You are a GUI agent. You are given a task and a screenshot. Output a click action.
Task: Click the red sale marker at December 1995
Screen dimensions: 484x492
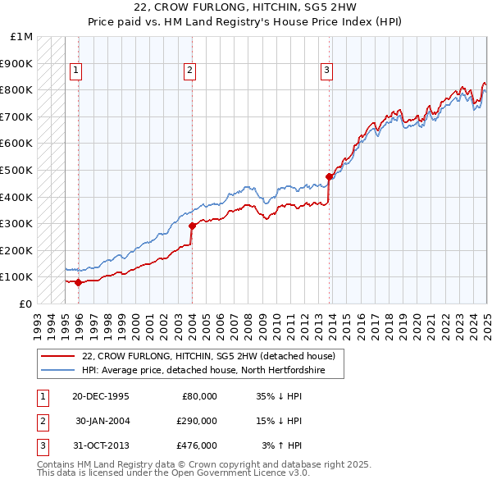click(x=79, y=282)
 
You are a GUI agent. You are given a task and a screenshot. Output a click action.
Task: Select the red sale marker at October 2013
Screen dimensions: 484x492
click(x=330, y=176)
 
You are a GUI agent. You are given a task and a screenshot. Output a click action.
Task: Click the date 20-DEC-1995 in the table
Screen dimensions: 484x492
click(x=101, y=395)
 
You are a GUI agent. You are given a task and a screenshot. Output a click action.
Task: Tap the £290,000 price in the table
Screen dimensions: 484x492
click(x=197, y=421)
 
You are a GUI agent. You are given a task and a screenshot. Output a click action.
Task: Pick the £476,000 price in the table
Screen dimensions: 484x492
click(x=197, y=445)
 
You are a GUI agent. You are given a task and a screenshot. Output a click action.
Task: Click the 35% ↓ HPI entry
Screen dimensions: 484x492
click(x=280, y=395)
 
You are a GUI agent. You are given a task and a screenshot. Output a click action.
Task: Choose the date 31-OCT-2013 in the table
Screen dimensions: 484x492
click(x=101, y=445)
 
